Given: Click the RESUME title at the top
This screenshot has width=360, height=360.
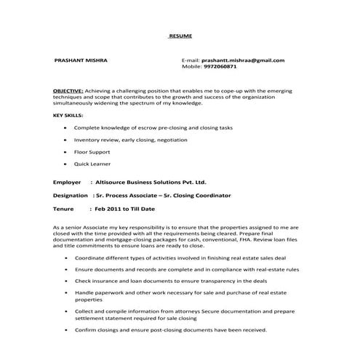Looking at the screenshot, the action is click(180, 36).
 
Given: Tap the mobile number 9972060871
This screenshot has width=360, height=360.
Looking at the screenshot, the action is click(220, 66).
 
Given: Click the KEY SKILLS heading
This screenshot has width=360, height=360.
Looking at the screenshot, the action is click(68, 116).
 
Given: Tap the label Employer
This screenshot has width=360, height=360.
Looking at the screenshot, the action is click(67, 183).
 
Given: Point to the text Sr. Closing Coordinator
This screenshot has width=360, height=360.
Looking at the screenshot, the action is click(196, 196).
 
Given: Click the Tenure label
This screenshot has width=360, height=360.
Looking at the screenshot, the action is click(64, 209).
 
